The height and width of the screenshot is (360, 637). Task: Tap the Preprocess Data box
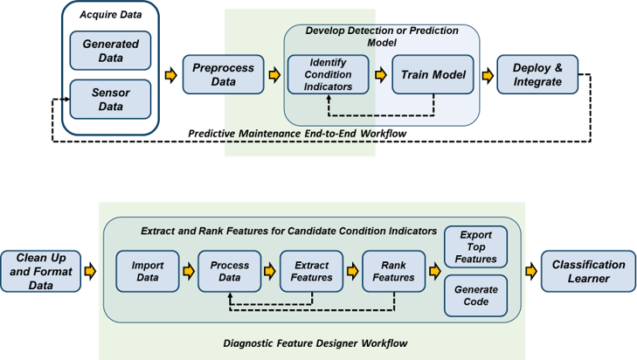pyautogui.click(x=223, y=75)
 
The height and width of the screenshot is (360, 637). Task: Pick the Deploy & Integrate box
pyautogui.click(x=538, y=74)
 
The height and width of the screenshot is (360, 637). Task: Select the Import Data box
pyautogui.click(x=147, y=271)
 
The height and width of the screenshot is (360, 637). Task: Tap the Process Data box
pyautogui.click(x=230, y=271)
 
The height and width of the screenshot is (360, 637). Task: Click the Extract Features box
pyautogui.click(x=312, y=271)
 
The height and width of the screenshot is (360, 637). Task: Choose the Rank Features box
pyautogui.click(x=394, y=271)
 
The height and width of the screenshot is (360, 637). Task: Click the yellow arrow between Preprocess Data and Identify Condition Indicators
pyautogui.click(x=274, y=75)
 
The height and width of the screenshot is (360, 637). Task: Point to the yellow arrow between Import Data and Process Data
pyautogui.click(x=189, y=271)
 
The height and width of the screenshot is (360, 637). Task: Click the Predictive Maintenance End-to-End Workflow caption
pyautogui.click(x=297, y=134)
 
